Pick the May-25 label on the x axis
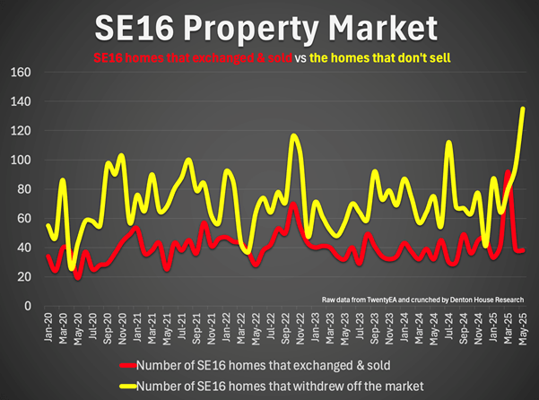[524, 325]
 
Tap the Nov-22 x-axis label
[293, 325]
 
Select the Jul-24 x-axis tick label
[448, 325]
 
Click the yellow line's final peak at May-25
[523, 109]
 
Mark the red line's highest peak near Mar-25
[509, 171]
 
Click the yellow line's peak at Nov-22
[293, 136]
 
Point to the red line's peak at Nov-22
[293, 204]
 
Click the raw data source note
[422, 297]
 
